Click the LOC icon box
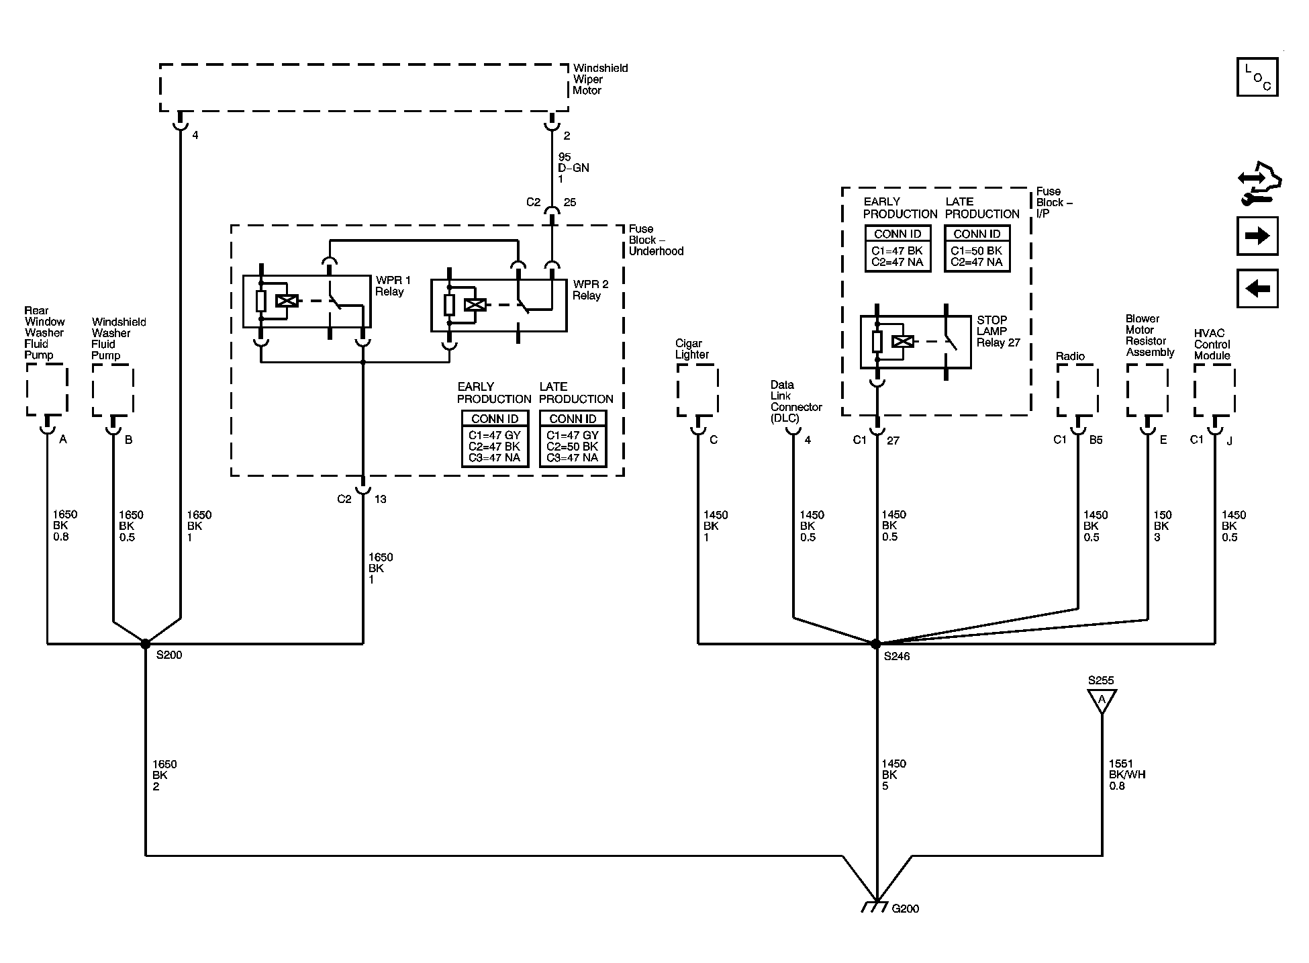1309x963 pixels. (1257, 77)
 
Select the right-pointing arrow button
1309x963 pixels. (1257, 236)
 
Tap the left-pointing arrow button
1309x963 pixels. (1257, 288)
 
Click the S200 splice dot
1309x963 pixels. (145, 643)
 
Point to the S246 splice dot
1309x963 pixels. (875, 643)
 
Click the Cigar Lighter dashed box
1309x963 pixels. (697, 390)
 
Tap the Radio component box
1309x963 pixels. (1077, 390)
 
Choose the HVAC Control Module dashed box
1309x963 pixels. (1214, 390)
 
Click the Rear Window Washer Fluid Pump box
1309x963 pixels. (47, 389)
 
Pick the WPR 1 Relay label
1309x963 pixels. (393, 285)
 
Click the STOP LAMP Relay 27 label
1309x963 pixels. (998, 331)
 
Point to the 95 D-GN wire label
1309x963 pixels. (573, 168)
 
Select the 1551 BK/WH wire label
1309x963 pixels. (1127, 774)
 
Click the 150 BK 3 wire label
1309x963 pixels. (1162, 526)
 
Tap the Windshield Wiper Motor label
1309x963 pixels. (600, 79)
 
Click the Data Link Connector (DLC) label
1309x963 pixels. (796, 401)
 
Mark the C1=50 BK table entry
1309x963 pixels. (976, 250)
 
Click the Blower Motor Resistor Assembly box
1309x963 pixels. (1147, 390)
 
